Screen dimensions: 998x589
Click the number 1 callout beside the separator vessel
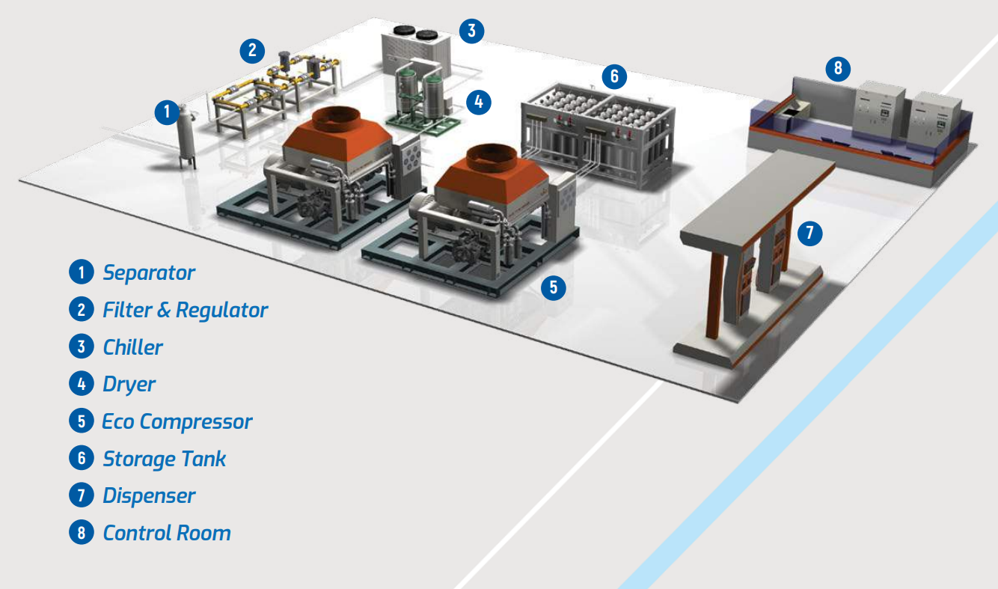tap(167, 113)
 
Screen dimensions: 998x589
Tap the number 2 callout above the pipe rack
tap(252, 50)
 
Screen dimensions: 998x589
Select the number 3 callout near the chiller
tap(471, 31)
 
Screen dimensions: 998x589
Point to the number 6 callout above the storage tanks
tap(614, 76)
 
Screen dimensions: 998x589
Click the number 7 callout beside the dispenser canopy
tap(809, 233)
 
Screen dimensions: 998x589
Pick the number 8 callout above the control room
tap(838, 69)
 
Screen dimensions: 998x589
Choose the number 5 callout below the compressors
tap(553, 287)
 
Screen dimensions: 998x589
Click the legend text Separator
tap(149, 272)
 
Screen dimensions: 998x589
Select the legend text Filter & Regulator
tap(185, 310)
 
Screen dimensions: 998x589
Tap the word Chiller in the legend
tap(132, 347)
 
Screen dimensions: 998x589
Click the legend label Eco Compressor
tap(177, 421)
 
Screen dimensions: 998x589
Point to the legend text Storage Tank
tap(164, 459)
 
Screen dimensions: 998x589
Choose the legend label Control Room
tap(167, 533)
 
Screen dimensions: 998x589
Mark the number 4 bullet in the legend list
tap(81, 385)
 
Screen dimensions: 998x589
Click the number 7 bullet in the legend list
tap(81, 495)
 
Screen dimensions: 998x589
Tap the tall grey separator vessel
tap(186, 137)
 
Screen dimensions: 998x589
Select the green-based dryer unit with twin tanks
tap(419, 97)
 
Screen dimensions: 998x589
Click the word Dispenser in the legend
tap(149, 495)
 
